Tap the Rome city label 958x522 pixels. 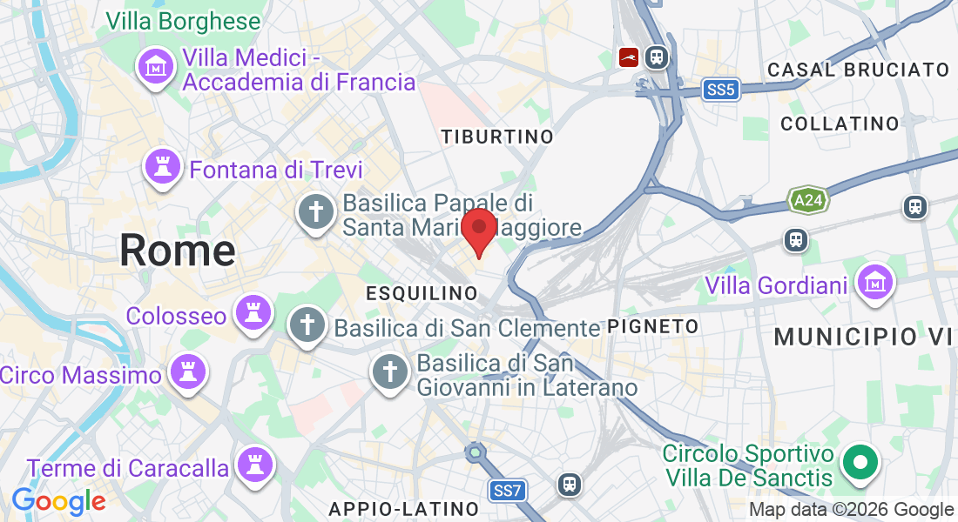(x=178, y=251)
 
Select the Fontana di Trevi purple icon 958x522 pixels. (x=162, y=168)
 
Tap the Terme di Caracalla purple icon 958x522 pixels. (x=255, y=465)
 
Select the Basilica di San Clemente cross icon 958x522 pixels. (x=307, y=325)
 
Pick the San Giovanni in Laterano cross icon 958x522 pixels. (x=390, y=373)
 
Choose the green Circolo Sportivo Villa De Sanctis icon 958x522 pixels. (x=860, y=463)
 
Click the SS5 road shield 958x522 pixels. (x=722, y=89)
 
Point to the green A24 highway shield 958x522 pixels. (x=806, y=201)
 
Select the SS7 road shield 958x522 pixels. (x=506, y=491)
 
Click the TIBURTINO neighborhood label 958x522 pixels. (x=497, y=137)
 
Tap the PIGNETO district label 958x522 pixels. (x=653, y=326)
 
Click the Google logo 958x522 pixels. (x=58, y=501)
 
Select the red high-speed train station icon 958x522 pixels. (x=628, y=58)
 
